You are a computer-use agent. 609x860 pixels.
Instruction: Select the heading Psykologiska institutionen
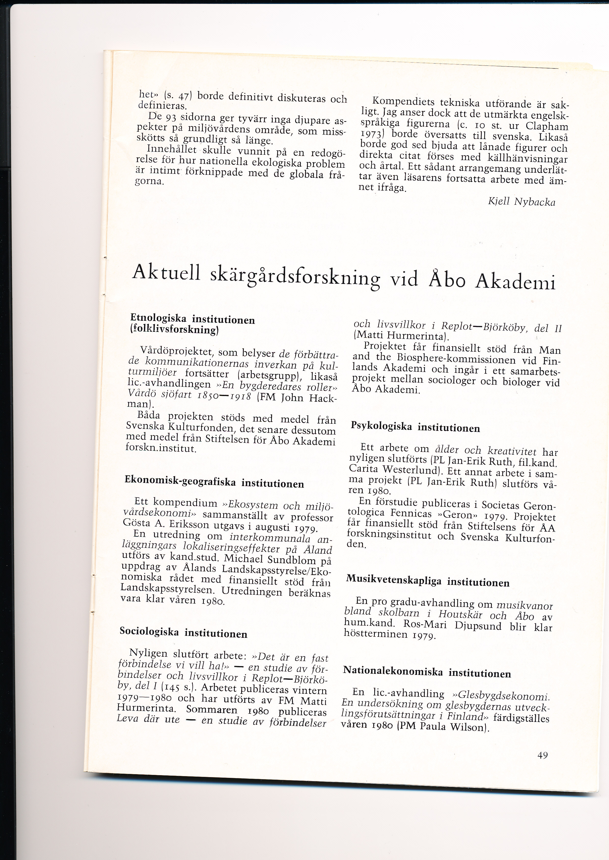click(x=415, y=427)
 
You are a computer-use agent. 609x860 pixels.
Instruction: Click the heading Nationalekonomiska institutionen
click(x=427, y=671)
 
